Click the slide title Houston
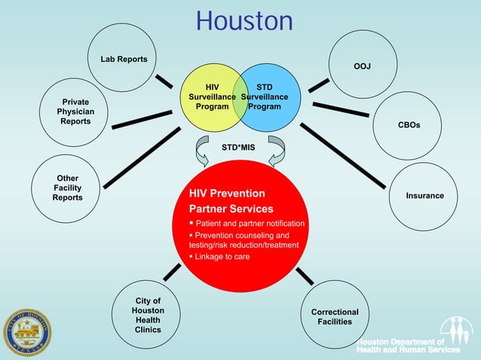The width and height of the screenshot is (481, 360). tap(244, 20)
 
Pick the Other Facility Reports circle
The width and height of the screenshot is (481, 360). tap(67, 188)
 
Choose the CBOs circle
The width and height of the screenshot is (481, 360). tap(408, 124)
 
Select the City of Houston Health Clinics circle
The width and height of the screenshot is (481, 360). tap(148, 315)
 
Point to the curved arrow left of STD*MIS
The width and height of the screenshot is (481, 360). tap(204, 151)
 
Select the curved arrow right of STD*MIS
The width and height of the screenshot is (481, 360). tap(276, 151)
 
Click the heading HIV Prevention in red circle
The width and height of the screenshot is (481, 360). tap(227, 194)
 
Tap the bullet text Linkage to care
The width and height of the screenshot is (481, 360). tap(222, 257)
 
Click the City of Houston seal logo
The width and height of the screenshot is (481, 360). tap(28, 331)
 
